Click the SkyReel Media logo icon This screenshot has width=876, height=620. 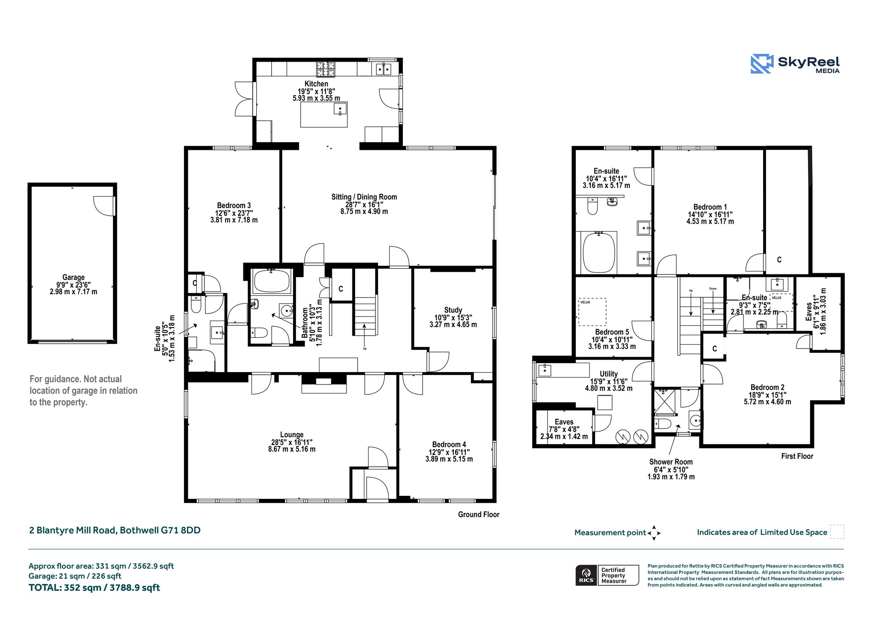click(x=762, y=64)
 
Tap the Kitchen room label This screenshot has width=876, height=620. click(x=317, y=84)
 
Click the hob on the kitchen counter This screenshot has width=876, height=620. click(x=325, y=69)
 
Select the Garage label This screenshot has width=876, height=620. click(x=74, y=277)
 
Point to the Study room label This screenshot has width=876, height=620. click(x=453, y=310)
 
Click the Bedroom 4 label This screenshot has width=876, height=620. click(x=449, y=444)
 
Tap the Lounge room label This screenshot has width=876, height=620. click(x=292, y=435)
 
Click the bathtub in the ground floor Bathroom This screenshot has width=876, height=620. click(x=272, y=281)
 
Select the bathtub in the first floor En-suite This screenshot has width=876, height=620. click(x=599, y=252)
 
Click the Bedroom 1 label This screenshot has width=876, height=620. click(x=710, y=207)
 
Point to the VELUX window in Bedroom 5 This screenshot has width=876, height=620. click(x=592, y=312)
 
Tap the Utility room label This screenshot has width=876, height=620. click(x=609, y=374)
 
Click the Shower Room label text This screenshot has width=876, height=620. click(x=671, y=462)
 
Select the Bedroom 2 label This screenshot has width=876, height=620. click(x=767, y=387)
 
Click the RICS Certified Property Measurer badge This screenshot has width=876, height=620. click(x=607, y=575)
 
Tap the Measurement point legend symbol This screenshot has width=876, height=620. click(x=654, y=533)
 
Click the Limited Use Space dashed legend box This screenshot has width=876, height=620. click(x=837, y=532)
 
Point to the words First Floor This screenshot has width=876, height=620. click(x=797, y=456)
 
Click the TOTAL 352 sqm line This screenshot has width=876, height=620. click(x=94, y=588)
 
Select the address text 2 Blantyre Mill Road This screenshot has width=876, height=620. click(x=73, y=530)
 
